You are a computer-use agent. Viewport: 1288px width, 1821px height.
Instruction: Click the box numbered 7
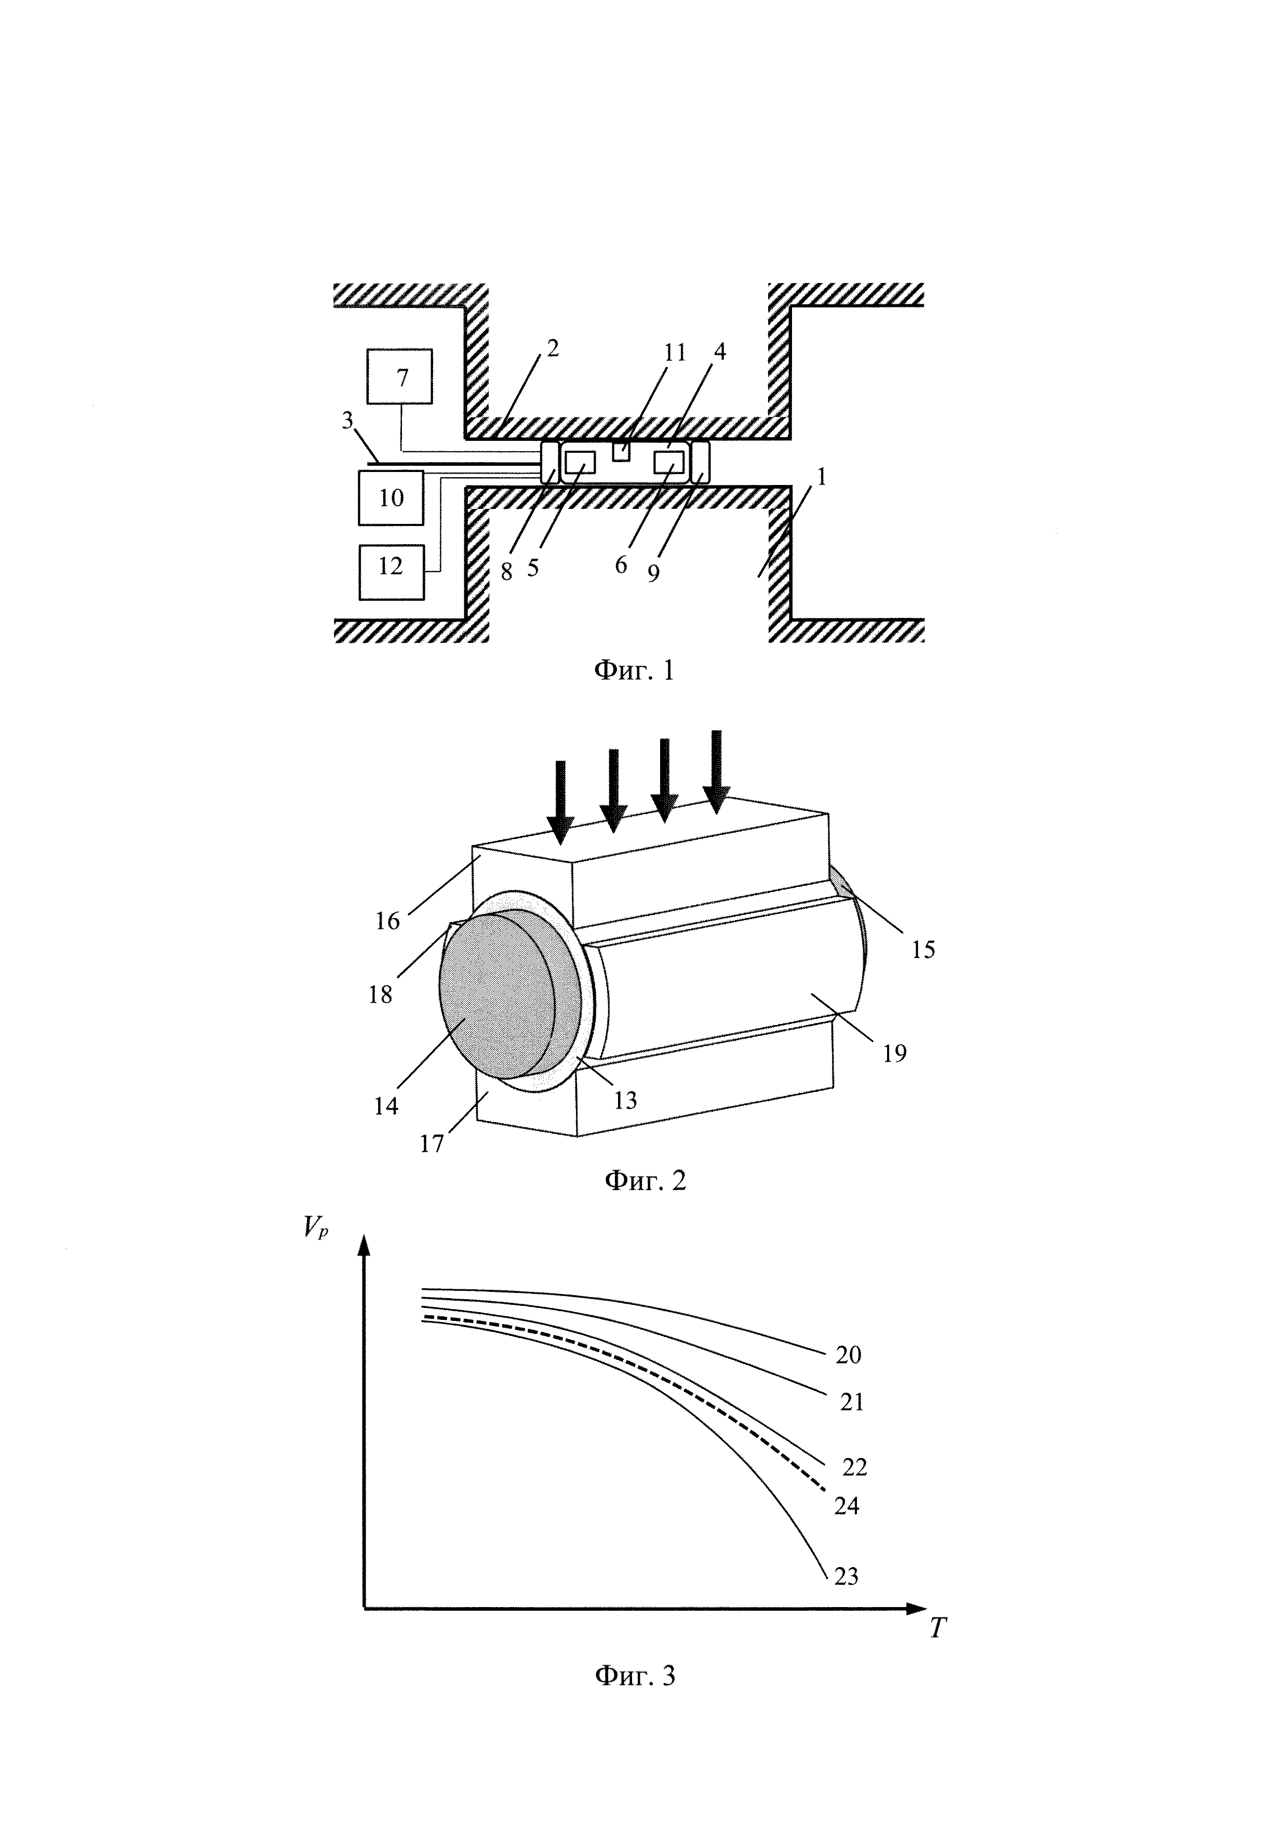click(x=400, y=377)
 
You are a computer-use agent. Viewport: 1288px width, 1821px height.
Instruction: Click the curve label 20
click(x=848, y=1355)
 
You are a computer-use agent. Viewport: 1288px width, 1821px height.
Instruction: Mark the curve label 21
click(x=851, y=1403)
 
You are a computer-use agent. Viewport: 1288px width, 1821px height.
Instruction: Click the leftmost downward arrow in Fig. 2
click(x=561, y=802)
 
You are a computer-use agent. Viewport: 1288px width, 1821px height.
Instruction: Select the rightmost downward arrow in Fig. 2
click(x=717, y=770)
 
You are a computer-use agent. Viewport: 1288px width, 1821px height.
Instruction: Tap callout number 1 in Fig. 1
click(x=822, y=477)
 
